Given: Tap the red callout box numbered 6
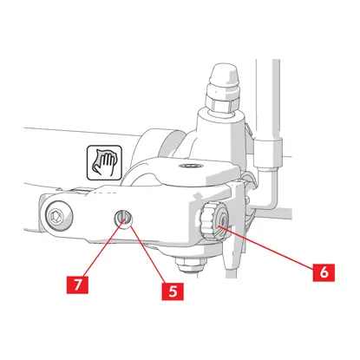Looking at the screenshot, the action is pos(324,272).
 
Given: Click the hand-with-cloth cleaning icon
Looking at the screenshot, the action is pos(104,162).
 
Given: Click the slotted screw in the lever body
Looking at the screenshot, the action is pos(122,218).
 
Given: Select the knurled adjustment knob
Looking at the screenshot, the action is pos(213,221).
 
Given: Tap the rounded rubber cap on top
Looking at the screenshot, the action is pos(226,75).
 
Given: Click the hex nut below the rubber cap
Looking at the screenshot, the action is pos(222,101).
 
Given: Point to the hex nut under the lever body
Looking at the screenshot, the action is pos(190,265).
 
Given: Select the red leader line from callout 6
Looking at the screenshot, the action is pos(265,247).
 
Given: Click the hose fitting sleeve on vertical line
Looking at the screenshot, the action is pos(268,153).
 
